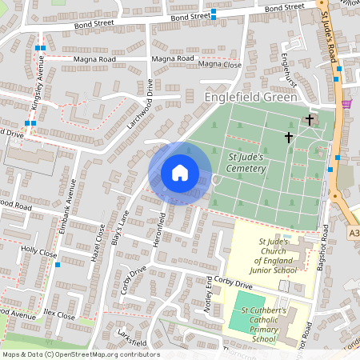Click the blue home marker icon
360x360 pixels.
click(x=180, y=172)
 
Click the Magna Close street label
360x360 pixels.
click(x=220, y=64)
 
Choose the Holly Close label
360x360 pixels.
click(x=39, y=252)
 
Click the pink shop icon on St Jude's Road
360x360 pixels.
click(x=346, y=103)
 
